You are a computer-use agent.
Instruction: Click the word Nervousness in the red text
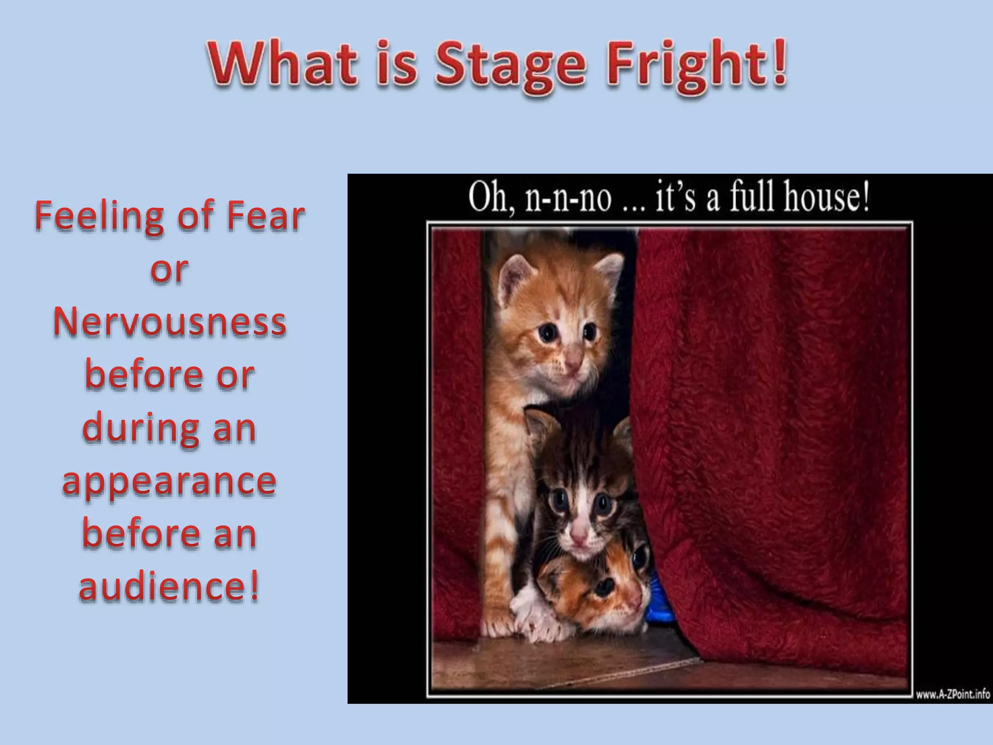click(170, 322)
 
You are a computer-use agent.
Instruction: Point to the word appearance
click(170, 482)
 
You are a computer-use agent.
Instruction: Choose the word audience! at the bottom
click(170, 586)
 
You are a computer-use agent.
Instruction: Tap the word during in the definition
click(141, 429)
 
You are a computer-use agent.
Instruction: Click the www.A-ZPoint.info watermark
click(952, 694)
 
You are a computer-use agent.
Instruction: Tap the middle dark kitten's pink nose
click(578, 536)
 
